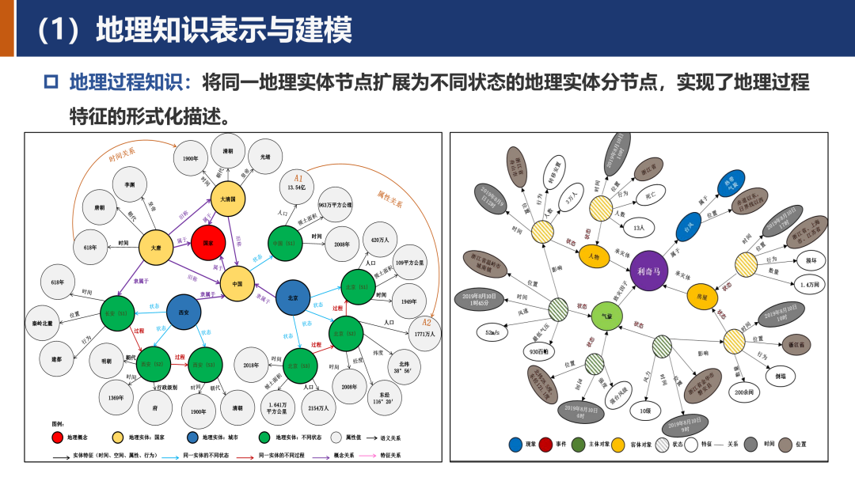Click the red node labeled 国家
(208, 245)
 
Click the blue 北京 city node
(293, 298)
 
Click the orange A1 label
(298, 179)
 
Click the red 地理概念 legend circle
(58, 436)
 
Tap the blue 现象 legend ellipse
(516, 444)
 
